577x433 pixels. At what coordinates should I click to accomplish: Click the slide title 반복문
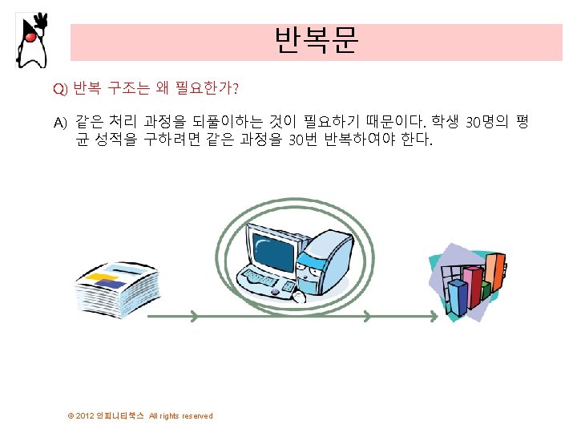pos(316,40)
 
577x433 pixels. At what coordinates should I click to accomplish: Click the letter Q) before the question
pos(61,87)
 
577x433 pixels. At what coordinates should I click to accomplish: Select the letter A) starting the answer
pos(61,123)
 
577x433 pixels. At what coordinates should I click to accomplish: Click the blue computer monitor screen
pos(271,248)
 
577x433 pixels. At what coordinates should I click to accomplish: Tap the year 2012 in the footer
pos(86,416)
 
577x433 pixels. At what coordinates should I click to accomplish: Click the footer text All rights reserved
pos(181,416)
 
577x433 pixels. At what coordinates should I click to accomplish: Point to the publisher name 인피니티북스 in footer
pos(121,416)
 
